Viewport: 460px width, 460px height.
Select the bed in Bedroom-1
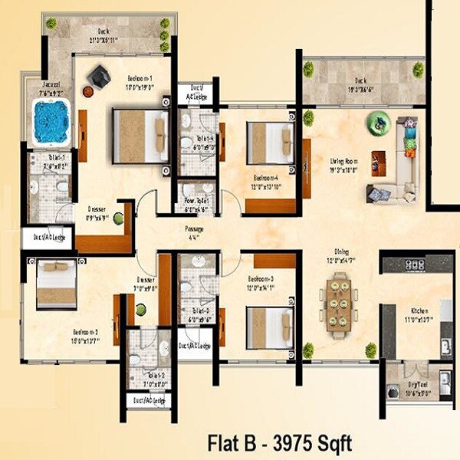[x=141, y=136]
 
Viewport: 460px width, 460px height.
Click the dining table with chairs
[x=337, y=304]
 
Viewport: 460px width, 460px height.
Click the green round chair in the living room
[x=378, y=123]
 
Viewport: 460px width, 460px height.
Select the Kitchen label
[x=419, y=309]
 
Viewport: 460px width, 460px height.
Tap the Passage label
[x=194, y=229]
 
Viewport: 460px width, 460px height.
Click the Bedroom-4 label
[x=265, y=177]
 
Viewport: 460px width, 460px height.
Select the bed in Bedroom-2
[x=56, y=284]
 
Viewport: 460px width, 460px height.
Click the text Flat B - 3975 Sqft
[x=279, y=442]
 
